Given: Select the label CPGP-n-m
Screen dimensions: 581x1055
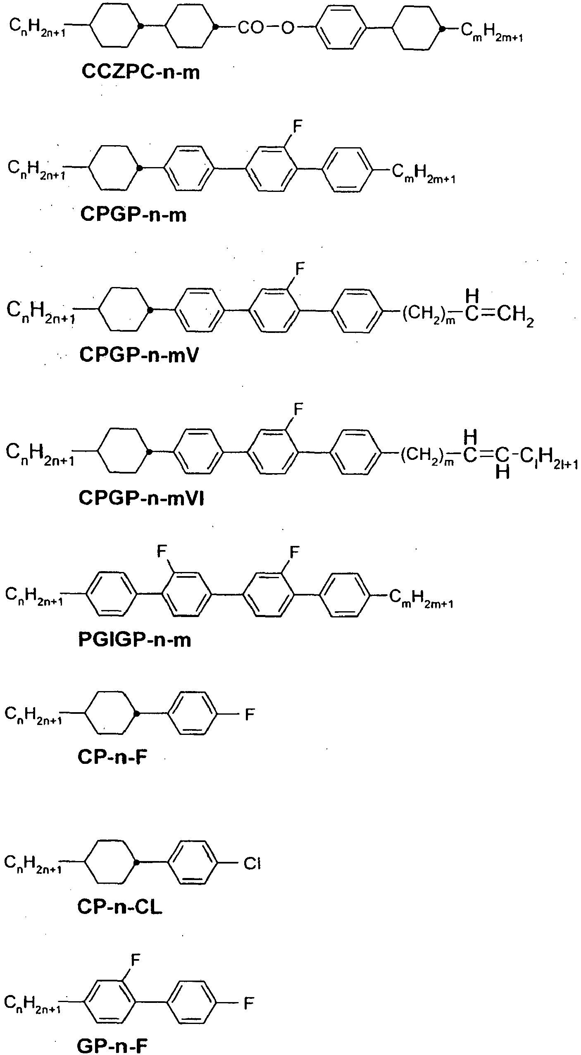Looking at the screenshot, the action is click(x=133, y=215).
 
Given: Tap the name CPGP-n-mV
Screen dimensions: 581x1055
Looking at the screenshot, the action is click(x=139, y=355).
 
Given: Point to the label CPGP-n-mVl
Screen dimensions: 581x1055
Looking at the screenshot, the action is click(x=141, y=498).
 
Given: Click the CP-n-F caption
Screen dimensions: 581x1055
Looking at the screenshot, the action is click(x=112, y=757).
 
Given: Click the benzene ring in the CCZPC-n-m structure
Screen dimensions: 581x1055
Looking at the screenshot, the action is click(x=341, y=28).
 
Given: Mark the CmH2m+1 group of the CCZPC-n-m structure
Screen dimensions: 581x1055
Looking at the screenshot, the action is click(x=492, y=32).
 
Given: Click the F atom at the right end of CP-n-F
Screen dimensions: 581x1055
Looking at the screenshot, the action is click(x=250, y=714).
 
